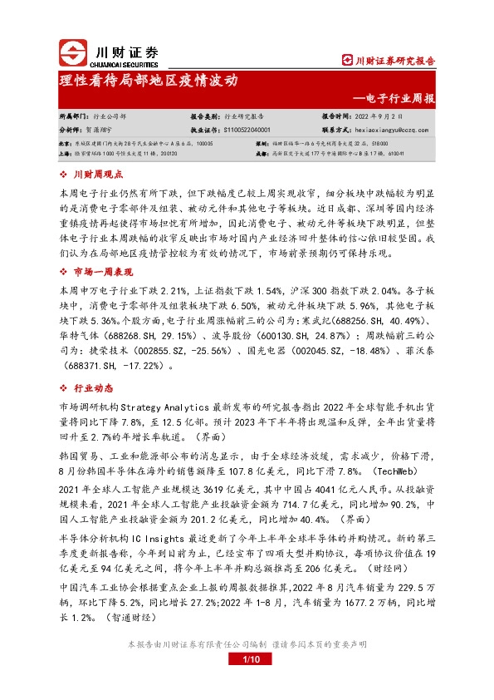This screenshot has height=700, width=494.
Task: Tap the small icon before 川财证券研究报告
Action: [x=348, y=60]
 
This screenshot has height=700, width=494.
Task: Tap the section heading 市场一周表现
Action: [x=103, y=272]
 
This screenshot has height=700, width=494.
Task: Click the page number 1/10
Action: [x=247, y=660]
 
